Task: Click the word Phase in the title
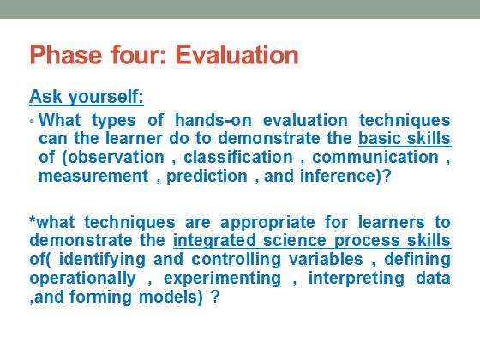(65, 55)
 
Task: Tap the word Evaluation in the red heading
(237, 55)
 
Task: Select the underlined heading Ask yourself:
(87, 98)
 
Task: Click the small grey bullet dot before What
(32, 121)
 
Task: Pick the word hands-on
(213, 120)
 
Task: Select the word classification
(238, 158)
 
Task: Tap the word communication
(375, 158)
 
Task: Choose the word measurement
(93, 177)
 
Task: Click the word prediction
(207, 177)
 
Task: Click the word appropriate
(267, 223)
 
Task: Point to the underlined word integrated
(214, 241)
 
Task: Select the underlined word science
(295, 241)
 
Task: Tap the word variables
(326, 259)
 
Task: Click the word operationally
(82, 279)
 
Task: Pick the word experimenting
(222, 279)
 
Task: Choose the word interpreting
(357, 279)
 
